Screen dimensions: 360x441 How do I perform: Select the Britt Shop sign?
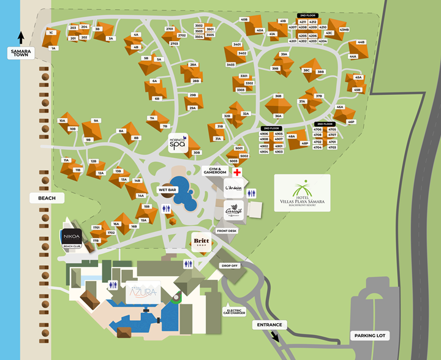[x=202, y=242]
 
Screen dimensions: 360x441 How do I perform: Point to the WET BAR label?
[x=167, y=190]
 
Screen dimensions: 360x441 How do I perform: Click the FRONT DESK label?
[x=227, y=231]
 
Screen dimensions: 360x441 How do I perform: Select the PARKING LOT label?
[x=367, y=336]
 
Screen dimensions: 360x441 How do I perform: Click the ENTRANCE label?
[x=269, y=325]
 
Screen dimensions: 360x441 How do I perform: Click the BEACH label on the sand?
[x=47, y=198]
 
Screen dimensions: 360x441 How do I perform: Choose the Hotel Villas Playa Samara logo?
[x=302, y=193]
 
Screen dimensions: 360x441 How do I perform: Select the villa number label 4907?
[x=279, y=140]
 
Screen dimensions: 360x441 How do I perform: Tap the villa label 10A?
[x=62, y=121]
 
